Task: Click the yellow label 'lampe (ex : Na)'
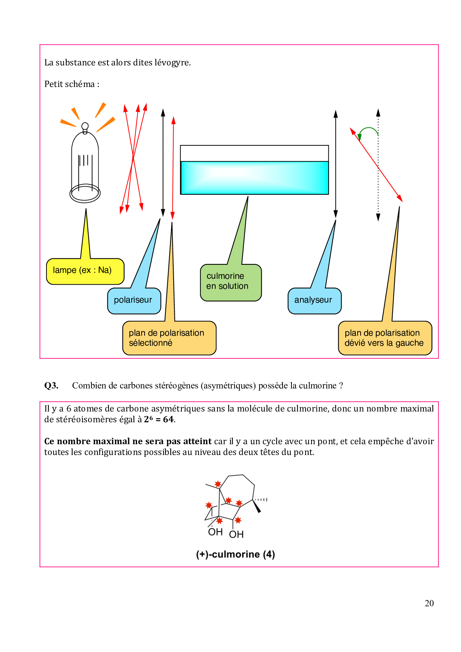(x=85, y=271)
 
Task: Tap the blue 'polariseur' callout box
(x=134, y=300)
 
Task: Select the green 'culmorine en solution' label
(x=230, y=282)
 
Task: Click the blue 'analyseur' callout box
(x=314, y=300)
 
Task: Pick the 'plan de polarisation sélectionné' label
(x=169, y=338)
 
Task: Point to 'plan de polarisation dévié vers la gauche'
(x=385, y=338)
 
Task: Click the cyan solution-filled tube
(x=254, y=178)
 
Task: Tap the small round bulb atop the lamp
(x=85, y=126)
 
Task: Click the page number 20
(x=429, y=603)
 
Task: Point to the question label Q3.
(x=51, y=385)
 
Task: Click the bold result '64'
(x=168, y=419)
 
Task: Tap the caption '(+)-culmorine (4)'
(x=235, y=554)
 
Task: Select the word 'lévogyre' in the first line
(x=171, y=62)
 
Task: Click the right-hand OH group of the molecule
(x=236, y=534)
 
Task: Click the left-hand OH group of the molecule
(x=215, y=532)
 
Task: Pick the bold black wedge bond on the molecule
(x=257, y=506)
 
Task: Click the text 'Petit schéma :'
(x=72, y=84)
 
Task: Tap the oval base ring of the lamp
(x=85, y=194)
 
